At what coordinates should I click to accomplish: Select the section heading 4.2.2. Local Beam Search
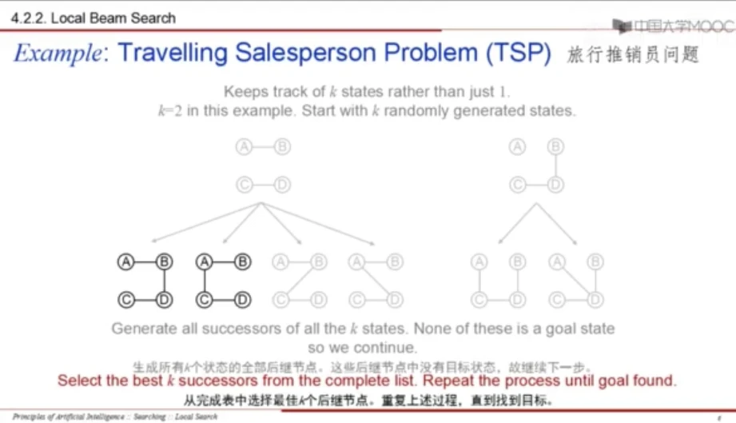coord(93,17)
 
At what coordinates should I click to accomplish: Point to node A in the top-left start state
coord(243,147)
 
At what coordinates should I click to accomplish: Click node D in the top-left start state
coord(282,186)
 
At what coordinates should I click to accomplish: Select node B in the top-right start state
coord(556,147)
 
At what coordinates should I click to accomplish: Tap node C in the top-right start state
coord(518,186)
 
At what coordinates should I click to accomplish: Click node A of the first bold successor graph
coord(125,261)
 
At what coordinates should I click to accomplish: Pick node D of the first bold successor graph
coord(164,300)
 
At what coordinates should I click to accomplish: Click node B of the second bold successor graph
coord(243,261)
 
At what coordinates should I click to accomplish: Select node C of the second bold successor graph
coord(205,300)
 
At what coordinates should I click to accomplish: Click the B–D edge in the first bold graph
coord(164,281)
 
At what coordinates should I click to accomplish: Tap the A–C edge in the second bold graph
coord(205,281)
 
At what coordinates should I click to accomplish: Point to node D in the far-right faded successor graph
coord(595,300)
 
